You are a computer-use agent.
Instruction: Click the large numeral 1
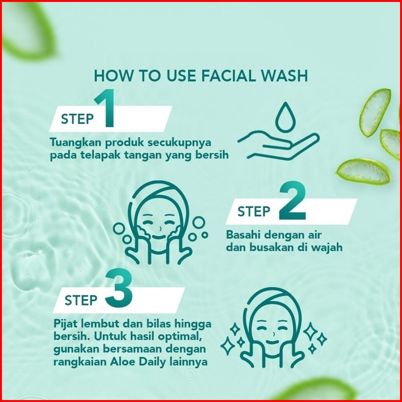[105, 108]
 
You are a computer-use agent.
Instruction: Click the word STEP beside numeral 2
[254, 211]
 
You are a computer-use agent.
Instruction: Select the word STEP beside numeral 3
[81, 300]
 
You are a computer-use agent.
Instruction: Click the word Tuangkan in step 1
[76, 143]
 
